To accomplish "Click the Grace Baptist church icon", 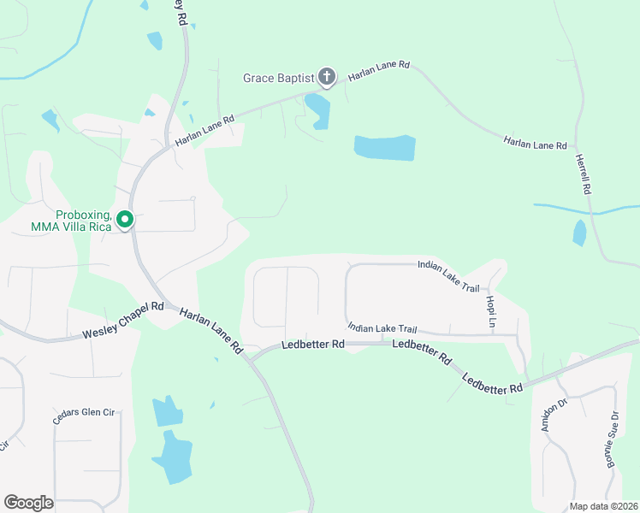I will tap(326, 78).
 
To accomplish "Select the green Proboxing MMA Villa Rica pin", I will tap(125, 221).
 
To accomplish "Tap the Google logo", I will tap(28, 503).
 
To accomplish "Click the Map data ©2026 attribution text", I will tap(603, 506).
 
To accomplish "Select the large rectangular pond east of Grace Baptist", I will tap(385, 148).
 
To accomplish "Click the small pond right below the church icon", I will tap(317, 110).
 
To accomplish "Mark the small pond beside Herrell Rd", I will tap(579, 233).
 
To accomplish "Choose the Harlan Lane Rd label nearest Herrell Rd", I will tap(536, 143).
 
